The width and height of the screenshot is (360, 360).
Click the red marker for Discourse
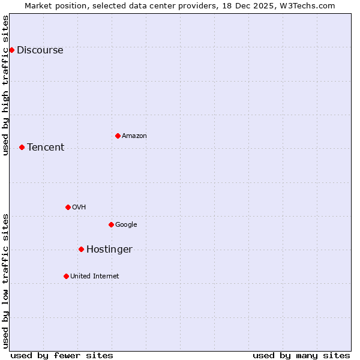click(x=11, y=50)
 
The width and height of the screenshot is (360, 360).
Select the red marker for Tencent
click(x=22, y=147)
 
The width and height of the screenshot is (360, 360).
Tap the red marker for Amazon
click(x=118, y=136)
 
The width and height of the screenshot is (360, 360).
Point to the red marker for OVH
click(x=68, y=207)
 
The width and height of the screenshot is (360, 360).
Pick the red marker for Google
click(x=111, y=224)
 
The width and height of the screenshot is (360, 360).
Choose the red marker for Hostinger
click(x=81, y=249)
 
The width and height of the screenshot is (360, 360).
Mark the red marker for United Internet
click(x=66, y=276)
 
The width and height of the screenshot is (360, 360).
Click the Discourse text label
click(x=40, y=50)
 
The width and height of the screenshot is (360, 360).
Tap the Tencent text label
click(x=46, y=147)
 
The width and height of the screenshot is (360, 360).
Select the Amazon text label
click(x=134, y=136)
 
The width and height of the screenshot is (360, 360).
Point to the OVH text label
click(x=79, y=207)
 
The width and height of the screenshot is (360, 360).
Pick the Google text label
click(x=126, y=224)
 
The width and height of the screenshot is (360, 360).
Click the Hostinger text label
click(x=109, y=249)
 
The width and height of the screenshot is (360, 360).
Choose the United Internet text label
click(x=95, y=276)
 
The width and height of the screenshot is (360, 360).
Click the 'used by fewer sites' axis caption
click(x=62, y=355)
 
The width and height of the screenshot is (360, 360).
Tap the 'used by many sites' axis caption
click(x=301, y=355)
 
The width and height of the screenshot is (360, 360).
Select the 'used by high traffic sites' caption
click(x=5, y=85)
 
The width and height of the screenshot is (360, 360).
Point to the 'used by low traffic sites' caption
click(x=5, y=281)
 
